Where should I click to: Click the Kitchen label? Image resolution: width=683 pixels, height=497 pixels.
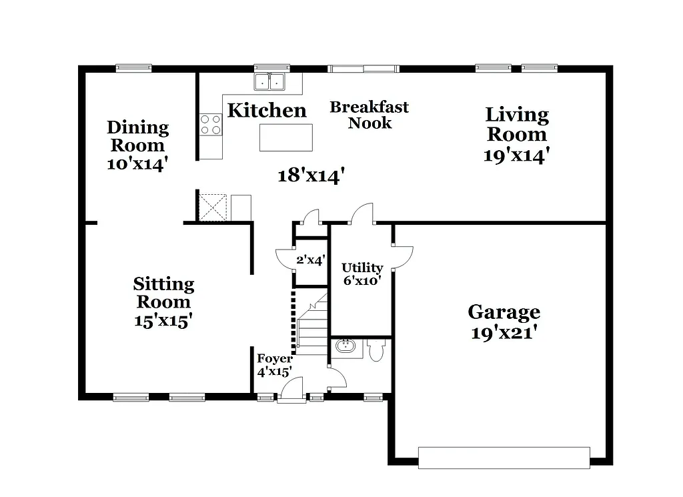[x=267, y=110]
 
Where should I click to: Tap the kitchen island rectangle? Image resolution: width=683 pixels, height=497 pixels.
[x=285, y=138]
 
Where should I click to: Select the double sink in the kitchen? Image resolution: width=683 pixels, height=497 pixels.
[x=270, y=82]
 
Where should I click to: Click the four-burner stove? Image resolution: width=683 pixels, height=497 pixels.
[x=211, y=125]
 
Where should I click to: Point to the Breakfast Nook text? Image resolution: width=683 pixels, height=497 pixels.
[x=370, y=115]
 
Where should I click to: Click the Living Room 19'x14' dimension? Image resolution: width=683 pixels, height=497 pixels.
[x=516, y=155]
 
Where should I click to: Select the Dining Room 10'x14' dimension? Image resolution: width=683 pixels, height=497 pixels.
[x=137, y=164]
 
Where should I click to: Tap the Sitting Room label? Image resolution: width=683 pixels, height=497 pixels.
[x=163, y=292]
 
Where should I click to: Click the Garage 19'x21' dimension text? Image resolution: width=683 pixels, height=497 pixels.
[x=504, y=332]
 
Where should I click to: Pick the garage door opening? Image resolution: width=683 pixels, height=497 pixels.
[x=504, y=458]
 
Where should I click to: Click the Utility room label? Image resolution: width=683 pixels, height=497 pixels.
[x=362, y=268]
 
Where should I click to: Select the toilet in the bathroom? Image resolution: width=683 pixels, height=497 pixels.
[x=376, y=350]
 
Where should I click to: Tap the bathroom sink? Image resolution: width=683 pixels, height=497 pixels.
[x=346, y=347]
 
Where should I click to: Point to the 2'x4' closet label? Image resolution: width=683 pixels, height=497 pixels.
[x=310, y=260]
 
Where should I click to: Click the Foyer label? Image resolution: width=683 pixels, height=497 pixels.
[x=275, y=359]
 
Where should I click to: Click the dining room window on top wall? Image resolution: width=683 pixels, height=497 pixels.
[x=133, y=67]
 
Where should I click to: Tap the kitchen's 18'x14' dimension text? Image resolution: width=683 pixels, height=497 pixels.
[x=311, y=175]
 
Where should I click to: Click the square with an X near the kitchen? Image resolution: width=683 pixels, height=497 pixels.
[x=213, y=207]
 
